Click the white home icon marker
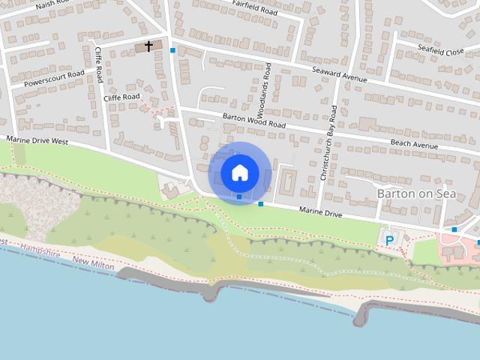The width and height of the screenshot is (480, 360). (x=239, y=172)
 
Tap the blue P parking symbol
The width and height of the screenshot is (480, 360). (x=389, y=240)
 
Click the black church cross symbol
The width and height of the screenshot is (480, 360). (x=148, y=46)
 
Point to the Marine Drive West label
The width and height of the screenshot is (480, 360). (x=37, y=140)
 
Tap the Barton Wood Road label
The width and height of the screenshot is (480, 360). (x=255, y=120)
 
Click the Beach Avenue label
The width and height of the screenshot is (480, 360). (x=413, y=144)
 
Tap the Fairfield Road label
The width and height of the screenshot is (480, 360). (x=255, y=9)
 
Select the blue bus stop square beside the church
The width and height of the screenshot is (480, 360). (x=173, y=50)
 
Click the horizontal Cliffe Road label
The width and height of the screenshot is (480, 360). (x=121, y=97)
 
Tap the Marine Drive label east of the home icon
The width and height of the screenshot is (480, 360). (x=320, y=214)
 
